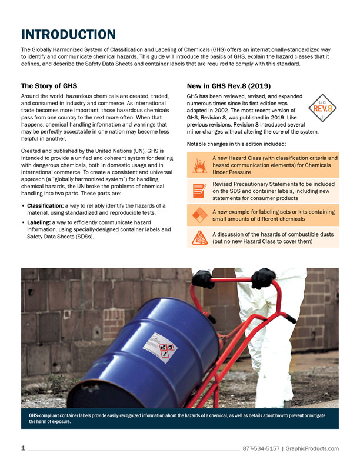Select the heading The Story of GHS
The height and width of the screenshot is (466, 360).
[x=52, y=86]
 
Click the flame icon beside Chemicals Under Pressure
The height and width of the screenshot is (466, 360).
[x=199, y=166]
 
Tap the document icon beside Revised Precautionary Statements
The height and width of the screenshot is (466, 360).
[x=199, y=189]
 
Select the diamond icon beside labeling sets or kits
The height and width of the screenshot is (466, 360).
[x=199, y=215]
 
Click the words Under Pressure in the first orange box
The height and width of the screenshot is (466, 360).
[x=232, y=173]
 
